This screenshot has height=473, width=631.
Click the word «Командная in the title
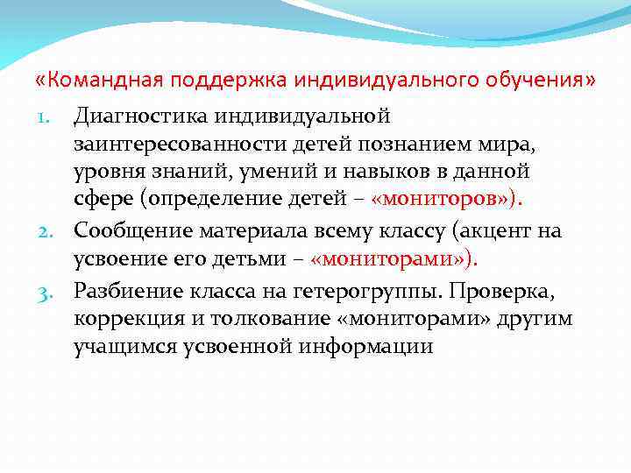click(93, 81)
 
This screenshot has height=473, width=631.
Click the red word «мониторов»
click(444, 201)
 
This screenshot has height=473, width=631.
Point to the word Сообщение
click(134, 230)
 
